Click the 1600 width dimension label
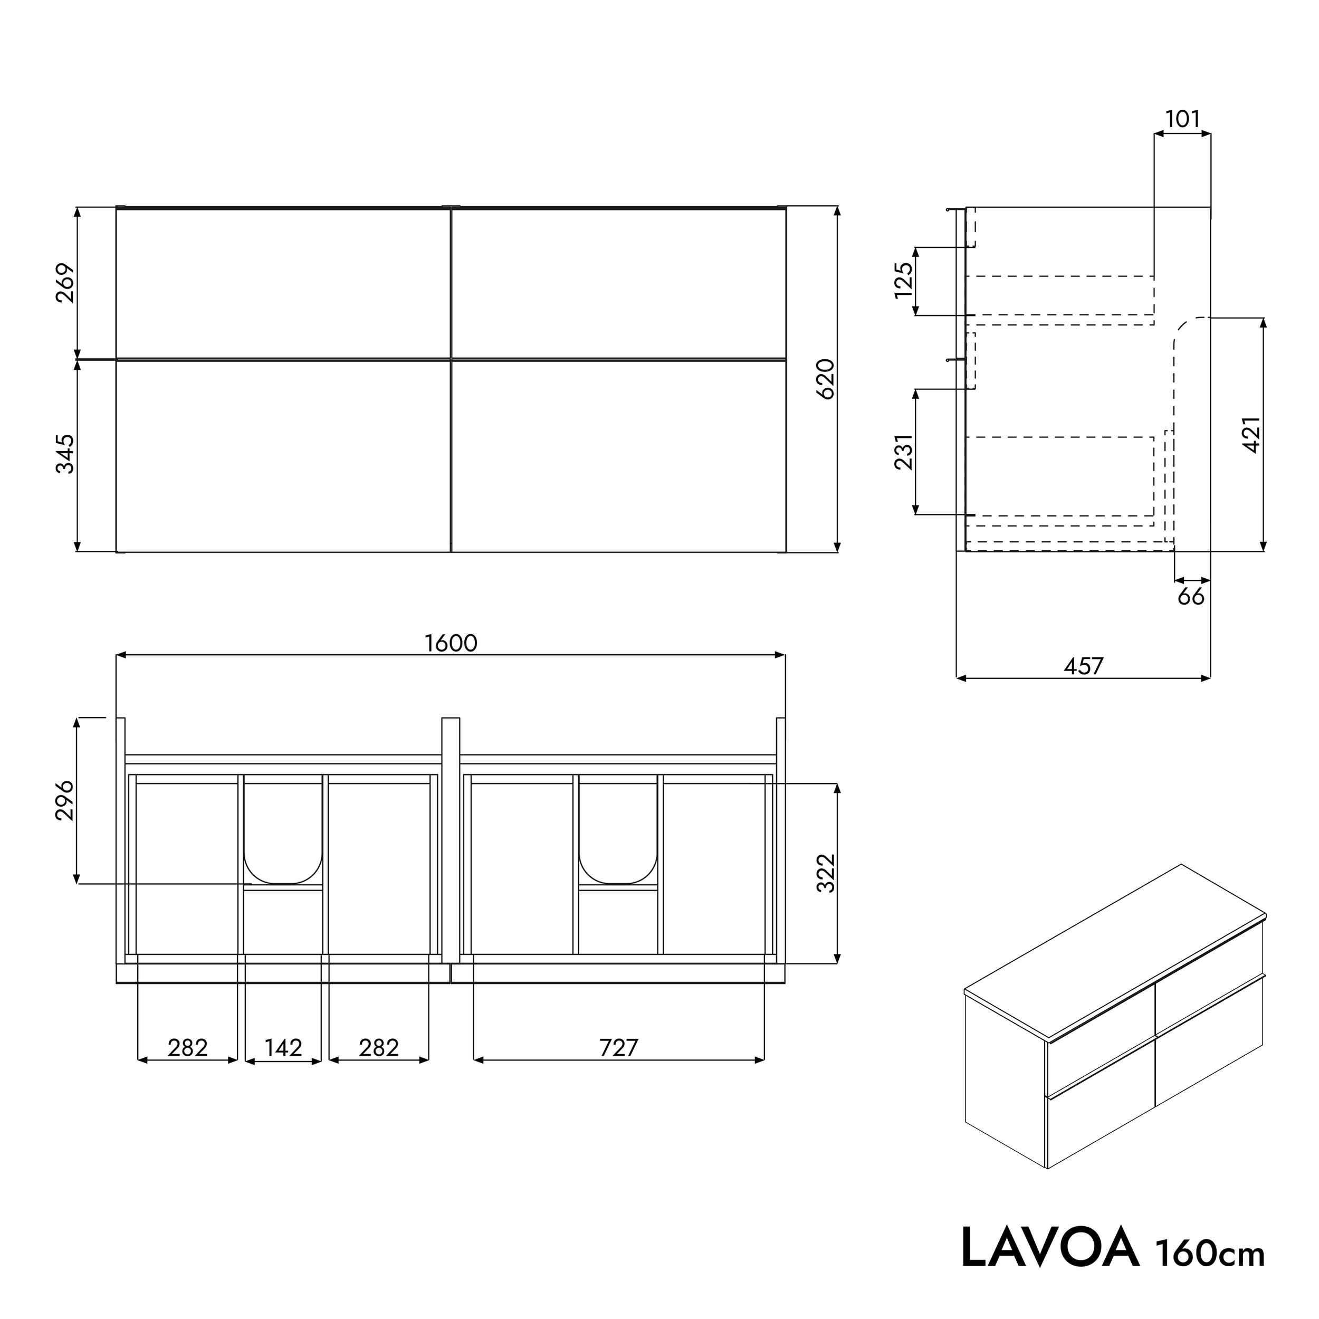coord(451,643)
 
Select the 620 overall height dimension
coord(825,379)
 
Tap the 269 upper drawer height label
coord(65,283)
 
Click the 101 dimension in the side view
coord(1182,119)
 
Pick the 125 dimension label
coord(903,280)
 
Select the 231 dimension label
coord(903,452)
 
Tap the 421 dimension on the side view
coord(1251,434)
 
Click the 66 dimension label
coord(1191,597)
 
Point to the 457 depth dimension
coord(1084,666)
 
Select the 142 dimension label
coord(283,1047)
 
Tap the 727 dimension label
coord(618,1047)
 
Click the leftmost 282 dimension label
coord(187,1047)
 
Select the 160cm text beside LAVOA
coord(1210,1254)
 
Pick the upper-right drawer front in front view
coord(618,283)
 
